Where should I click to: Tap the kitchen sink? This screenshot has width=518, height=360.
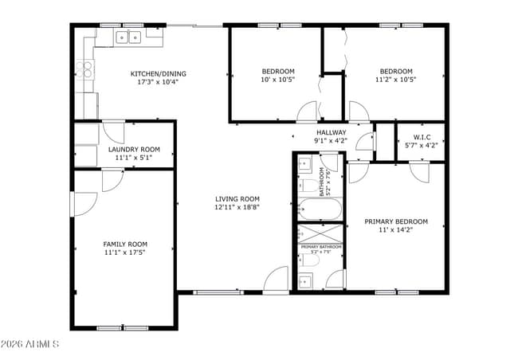point(128,37)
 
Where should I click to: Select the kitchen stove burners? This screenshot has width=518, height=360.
point(84,68)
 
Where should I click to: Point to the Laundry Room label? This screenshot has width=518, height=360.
point(134,149)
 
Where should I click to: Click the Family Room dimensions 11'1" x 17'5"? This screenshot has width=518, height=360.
point(125,252)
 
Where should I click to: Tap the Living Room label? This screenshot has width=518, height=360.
point(237,199)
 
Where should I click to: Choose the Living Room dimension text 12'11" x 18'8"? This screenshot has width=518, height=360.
point(237,207)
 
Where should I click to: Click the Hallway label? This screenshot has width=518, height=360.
point(331,132)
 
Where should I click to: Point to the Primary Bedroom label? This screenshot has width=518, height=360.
point(396,221)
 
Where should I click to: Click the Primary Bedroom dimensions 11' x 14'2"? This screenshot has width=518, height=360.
point(396,230)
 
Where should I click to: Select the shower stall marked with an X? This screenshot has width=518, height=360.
point(319,233)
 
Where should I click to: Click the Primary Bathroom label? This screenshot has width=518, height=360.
point(320,247)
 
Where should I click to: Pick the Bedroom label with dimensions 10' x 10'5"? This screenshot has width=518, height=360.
point(277,70)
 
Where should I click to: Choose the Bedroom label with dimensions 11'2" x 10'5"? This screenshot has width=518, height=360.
point(396,70)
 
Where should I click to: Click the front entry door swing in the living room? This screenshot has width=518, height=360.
point(277,280)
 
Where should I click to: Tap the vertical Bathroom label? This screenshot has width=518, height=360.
point(323,182)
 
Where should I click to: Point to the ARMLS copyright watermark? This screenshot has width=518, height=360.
point(30,344)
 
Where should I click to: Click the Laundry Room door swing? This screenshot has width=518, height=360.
point(113,132)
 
